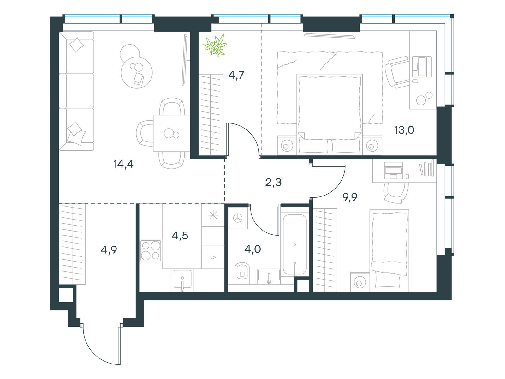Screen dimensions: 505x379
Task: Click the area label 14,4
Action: point(123,164)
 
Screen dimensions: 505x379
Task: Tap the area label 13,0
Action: point(404,130)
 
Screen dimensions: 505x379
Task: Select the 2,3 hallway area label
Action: point(273,182)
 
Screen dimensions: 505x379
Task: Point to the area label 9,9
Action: point(350,197)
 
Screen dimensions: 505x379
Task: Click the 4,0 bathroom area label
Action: point(252,249)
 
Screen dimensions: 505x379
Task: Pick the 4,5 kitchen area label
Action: point(180,236)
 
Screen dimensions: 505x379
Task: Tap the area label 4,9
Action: point(109,250)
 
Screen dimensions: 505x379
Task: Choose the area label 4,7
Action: point(236,75)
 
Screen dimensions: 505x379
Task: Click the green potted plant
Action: point(215,45)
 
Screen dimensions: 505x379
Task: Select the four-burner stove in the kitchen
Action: point(151,251)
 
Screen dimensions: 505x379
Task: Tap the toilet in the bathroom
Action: point(242,273)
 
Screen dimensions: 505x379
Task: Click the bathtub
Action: point(295,244)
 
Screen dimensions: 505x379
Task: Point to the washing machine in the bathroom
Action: point(238,218)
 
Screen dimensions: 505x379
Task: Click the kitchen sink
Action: point(182,279)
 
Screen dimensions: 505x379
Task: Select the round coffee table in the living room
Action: point(137,73)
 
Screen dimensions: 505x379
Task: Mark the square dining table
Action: point(171,133)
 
